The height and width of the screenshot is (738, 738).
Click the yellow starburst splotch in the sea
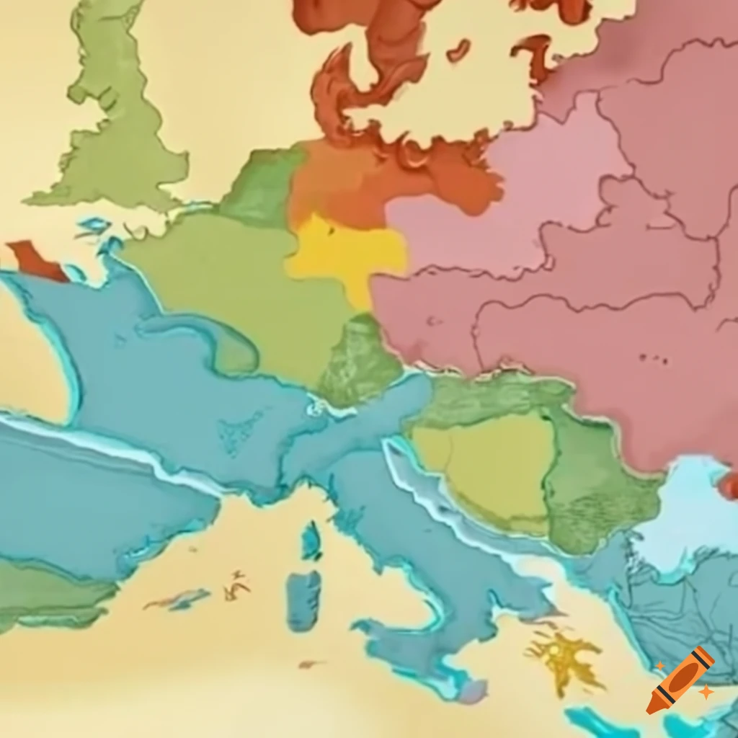pos(566,655)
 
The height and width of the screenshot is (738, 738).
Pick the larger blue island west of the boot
pos(303,600)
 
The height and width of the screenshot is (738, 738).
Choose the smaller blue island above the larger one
pos(311,540)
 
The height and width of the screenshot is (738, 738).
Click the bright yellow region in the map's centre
pos(346,252)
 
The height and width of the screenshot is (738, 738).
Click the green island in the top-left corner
pos(119,123)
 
